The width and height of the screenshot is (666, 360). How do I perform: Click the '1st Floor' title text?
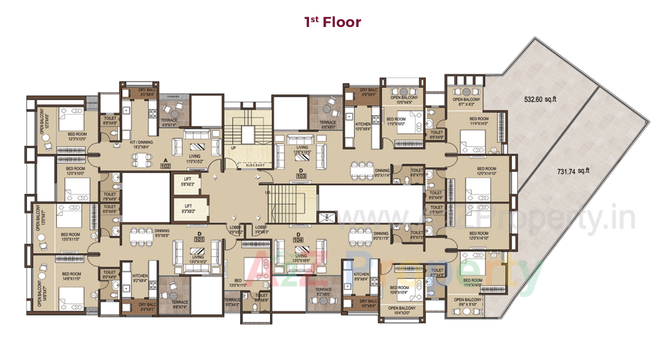[x=332, y=23]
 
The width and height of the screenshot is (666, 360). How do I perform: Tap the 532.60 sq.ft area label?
[x=540, y=100]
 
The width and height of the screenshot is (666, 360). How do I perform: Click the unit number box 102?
[x=166, y=166]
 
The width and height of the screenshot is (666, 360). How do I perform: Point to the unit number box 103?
[x=301, y=175]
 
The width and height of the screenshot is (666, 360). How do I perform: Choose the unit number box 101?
[x=198, y=239]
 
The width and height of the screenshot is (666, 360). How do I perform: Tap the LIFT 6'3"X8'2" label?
[x=188, y=208]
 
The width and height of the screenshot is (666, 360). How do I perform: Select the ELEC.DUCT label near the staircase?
[x=247, y=164]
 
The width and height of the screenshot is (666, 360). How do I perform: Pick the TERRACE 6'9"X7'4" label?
[x=169, y=122]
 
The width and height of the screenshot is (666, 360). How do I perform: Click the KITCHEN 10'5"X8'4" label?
[x=364, y=126]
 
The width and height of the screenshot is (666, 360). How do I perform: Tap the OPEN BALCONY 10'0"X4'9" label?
[x=404, y=100]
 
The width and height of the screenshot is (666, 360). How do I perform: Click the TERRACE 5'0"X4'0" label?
[x=232, y=302]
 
